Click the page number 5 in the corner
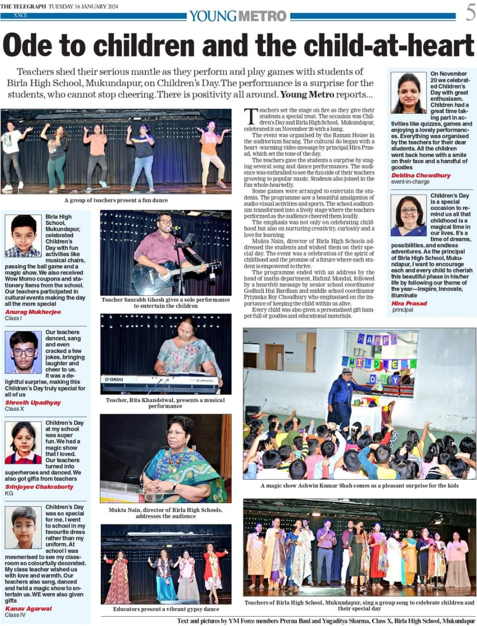(x=470, y=13)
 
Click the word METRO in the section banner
(x=262, y=16)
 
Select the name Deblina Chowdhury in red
(x=414, y=175)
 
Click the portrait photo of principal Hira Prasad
(x=409, y=216)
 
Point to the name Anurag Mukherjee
(x=33, y=312)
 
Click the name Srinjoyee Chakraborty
(x=39, y=487)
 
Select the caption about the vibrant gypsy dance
(x=166, y=609)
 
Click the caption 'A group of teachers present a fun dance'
(x=116, y=200)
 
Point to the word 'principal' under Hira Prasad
(x=403, y=310)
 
